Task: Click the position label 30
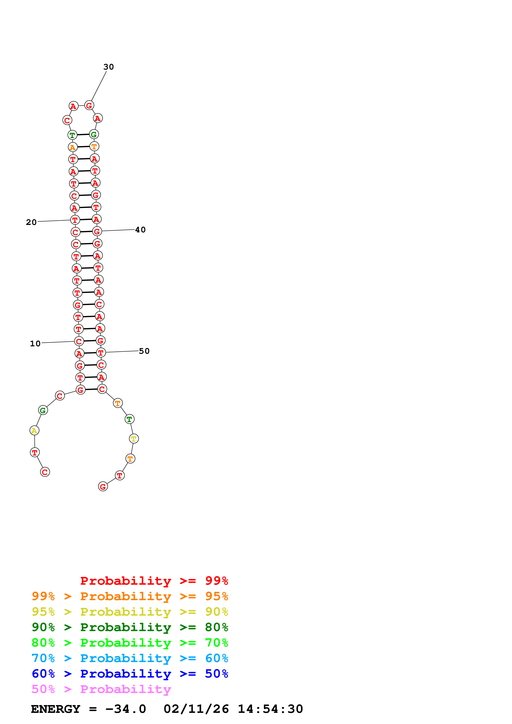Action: coord(108,67)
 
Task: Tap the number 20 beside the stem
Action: coord(31,222)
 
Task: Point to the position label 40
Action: coord(140,230)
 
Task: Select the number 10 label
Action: coord(35,344)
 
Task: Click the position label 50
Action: coord(144,351)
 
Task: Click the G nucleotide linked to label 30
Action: coord(89,106)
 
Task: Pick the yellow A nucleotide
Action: coord(34,431)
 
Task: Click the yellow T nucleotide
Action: coord(134,439)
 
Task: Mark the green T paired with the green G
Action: coord(72,135)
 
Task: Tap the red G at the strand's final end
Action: coord(103,487)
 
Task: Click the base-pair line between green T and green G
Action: coord(83,135)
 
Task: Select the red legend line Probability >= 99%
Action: coord(154,581)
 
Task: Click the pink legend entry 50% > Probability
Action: coord(101,689)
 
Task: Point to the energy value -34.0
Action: coord(126,709)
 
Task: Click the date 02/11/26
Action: coord(196,709)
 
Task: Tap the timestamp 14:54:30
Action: coord(270,709)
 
